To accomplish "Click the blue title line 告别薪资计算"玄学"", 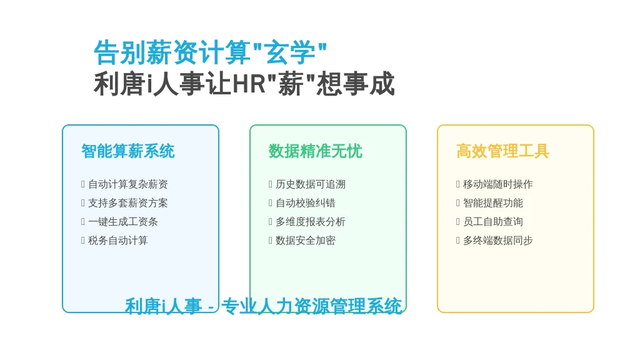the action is click(210, 52).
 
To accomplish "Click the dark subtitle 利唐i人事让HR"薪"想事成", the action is click(244, 84).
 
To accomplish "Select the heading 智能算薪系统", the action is click(128, 151).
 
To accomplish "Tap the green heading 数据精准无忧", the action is click(316, 151).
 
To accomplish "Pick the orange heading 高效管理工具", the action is click(503, 151).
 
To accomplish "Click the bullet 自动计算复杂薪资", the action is click(128, 184).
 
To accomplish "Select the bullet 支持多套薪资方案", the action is click(128, 203).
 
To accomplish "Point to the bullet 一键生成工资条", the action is click(123, 222).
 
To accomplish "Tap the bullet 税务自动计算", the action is click(118, 241).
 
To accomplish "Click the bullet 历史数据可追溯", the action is click(311, 184).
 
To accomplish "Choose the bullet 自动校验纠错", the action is click(306, 203).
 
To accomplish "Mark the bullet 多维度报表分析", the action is click(311, 222).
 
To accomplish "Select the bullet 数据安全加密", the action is click(306, 241).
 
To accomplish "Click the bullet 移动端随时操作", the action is click(498, 184).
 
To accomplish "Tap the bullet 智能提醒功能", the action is click(493, 203).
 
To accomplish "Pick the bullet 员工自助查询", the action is click(493, 222).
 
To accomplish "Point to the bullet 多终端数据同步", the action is click(498, 241).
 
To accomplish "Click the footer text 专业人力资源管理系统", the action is click(312, 306).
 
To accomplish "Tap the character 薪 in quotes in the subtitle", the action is click(291, 84).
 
